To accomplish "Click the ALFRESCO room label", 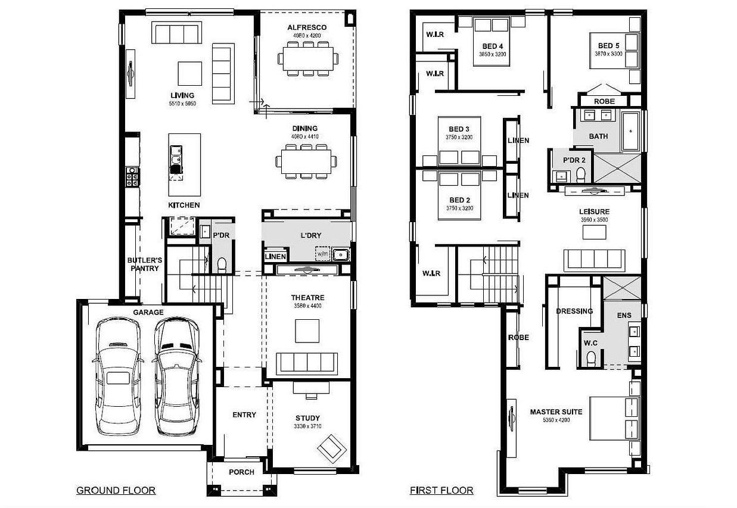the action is [307, 27].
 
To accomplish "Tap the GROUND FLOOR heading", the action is [116, 490].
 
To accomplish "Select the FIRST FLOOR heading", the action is [441, 490].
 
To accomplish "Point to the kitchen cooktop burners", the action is [132, 177].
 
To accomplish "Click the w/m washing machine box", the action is [322, 254].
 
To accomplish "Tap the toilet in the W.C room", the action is [591, 359].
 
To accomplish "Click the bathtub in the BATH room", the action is [631, 131].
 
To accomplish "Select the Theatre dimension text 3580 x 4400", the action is [307, 306].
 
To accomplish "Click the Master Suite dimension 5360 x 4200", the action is [556, 420].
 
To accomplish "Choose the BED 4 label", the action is [493, 46].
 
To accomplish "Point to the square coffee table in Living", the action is [190, 74].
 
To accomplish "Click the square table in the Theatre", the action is [307, 331].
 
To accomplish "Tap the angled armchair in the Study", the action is [332, 449].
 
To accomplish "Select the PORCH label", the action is [241, 472].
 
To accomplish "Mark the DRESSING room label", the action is [574, 311].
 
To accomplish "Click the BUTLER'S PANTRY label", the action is [145, 264].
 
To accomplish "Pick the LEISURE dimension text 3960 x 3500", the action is [594, 220].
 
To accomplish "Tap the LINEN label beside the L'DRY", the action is [275, 257].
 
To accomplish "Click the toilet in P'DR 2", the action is [581, 174].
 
